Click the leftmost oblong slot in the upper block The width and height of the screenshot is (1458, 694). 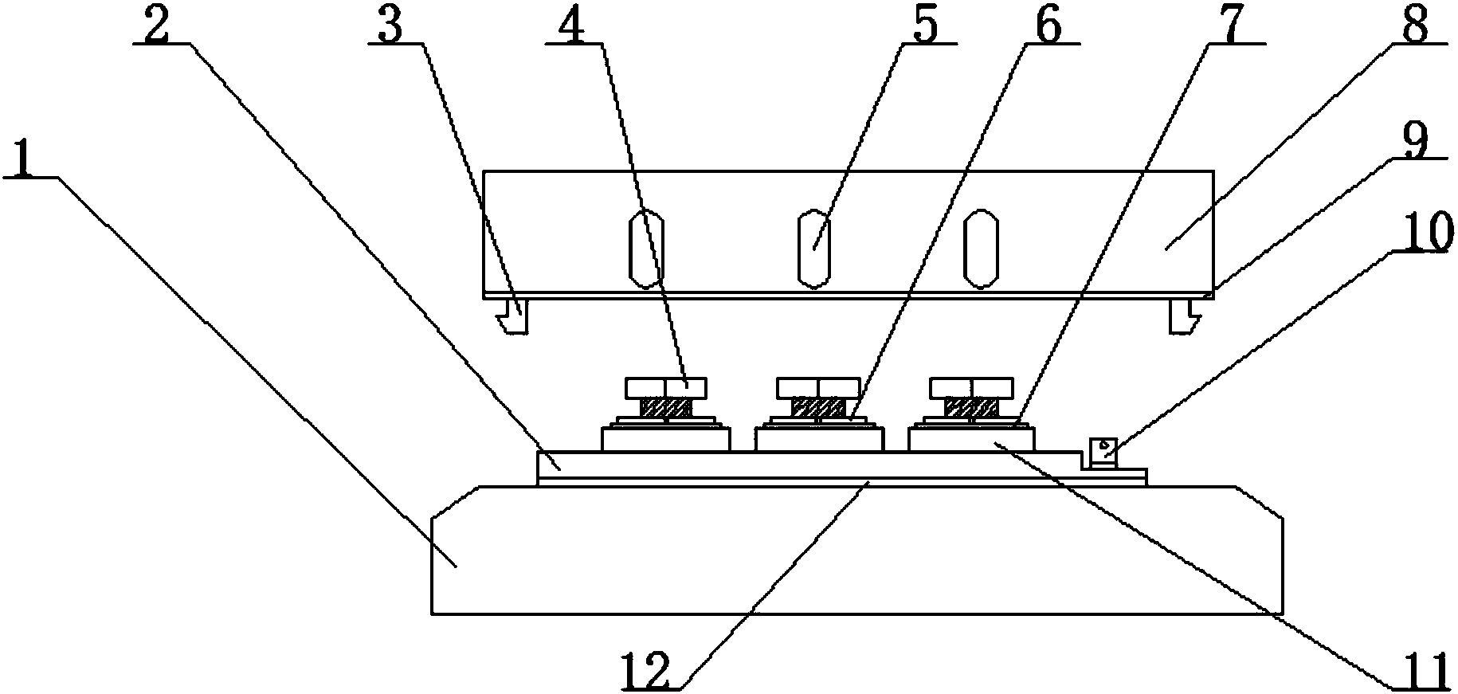(646, 248)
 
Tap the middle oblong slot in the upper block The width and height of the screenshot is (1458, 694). (813, 248)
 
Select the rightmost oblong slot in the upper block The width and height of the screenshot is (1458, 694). (980, 248)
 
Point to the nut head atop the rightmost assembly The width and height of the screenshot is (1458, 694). (972, 387)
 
